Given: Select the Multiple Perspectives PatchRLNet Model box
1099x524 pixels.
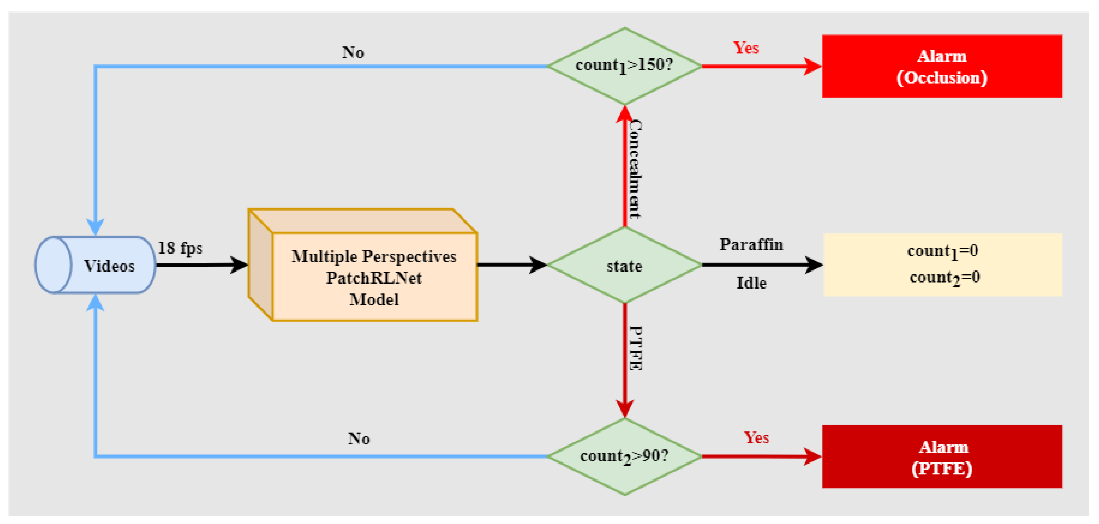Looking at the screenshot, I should (374, 277).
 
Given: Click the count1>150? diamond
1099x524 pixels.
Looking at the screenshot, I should (624, 66).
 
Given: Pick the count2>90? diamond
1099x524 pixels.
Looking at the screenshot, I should (624, 456).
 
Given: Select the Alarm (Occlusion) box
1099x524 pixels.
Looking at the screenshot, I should (942, 67).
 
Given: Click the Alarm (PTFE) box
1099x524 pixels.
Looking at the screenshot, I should (942, 457).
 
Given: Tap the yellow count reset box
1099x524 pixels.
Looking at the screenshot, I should (943, 265).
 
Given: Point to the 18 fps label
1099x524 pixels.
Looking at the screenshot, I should (180, 248).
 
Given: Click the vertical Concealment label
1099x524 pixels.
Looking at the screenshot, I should (636, 169).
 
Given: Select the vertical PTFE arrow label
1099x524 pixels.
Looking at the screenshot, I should (636, 348).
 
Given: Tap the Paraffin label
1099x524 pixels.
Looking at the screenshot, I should (751, 245).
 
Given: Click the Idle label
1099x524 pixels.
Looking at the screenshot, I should (751, 283).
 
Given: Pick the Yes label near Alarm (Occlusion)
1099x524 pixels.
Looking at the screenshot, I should (746, 48).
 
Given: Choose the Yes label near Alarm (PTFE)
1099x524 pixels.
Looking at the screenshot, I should (756, 438).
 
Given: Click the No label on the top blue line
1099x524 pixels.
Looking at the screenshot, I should (353, 52).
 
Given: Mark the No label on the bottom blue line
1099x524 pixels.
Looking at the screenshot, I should (359, 439).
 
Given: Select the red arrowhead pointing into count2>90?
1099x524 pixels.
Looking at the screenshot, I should (625, 408).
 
